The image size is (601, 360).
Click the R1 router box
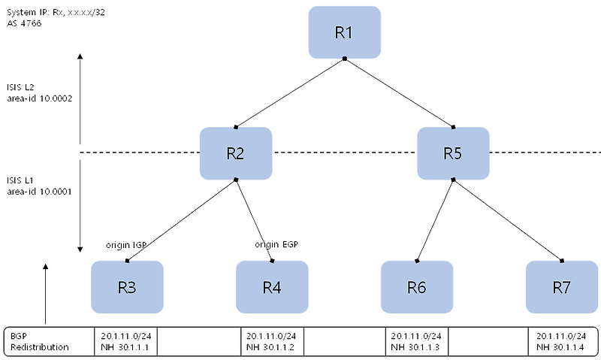point(344,32)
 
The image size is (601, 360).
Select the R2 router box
point(235,153)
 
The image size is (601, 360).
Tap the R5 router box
point(453,153)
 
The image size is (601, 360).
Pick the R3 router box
point(126,287)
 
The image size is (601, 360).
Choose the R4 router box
point(271,287)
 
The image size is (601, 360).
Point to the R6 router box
point(417,287)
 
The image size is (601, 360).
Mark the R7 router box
point(561,287)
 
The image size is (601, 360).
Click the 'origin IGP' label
point(126,245)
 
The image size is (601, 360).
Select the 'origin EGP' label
point(276,244)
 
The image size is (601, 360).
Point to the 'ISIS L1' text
point(20,180)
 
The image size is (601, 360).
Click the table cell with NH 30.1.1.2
point(271,342)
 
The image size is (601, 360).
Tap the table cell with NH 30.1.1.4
point(561,342)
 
